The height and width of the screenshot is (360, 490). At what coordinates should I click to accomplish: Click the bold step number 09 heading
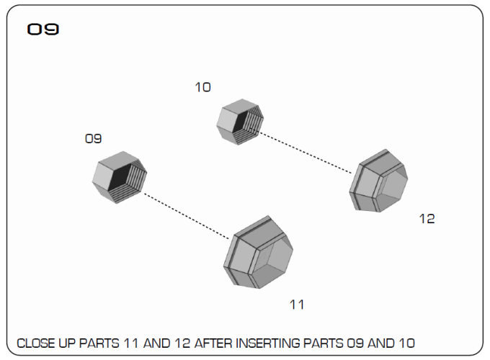pos(43,30)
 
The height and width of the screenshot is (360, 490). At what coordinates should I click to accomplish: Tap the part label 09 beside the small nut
pos(93,139)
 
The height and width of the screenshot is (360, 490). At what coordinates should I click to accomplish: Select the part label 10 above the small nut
pos(202,87)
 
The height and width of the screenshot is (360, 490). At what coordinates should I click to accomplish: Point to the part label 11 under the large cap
pos(297,305)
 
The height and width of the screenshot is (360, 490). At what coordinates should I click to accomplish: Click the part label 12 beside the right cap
pos(427,219)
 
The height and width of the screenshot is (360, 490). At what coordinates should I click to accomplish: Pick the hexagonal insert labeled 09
pos(120,177)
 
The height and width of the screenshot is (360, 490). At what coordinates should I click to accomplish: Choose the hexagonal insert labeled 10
pos(240,122)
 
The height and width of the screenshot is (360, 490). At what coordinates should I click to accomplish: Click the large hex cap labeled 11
pos(258,252)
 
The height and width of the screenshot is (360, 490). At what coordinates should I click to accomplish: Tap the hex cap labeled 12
pos(378,181)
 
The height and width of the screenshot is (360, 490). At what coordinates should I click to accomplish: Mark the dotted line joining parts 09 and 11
pos(186,216)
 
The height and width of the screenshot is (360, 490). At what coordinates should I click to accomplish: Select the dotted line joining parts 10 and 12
pos(305,152)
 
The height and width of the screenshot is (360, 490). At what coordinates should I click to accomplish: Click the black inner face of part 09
pos(119,176)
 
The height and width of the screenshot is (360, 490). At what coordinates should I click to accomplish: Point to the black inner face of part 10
pos(239,122)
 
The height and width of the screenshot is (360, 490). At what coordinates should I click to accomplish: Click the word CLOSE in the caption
pos(35,343)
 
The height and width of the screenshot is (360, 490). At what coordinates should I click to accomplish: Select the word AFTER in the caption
pos(213,343)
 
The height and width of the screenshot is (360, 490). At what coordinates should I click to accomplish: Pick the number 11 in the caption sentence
pos(131,343)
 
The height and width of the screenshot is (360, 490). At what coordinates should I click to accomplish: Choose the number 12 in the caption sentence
pos(182,343)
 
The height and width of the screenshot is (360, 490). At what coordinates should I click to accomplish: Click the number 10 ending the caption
pos(407,343)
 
